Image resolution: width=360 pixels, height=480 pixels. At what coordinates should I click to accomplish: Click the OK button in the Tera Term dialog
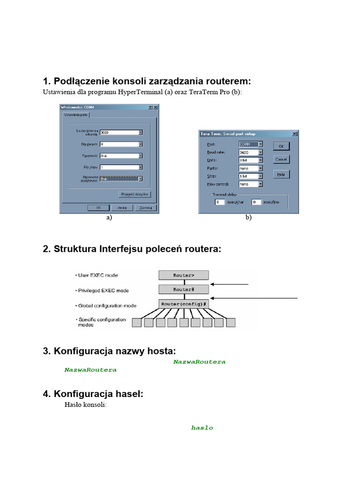(x=281, y=146)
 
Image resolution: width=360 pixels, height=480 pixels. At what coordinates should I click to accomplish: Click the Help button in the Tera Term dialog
(x=281, y=174)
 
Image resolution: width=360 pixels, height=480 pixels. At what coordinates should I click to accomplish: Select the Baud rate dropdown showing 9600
(x=251, y=152)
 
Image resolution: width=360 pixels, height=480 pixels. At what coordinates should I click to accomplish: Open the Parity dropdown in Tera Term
(x=251, y=168)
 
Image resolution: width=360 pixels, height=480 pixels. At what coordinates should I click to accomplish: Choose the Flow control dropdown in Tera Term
(x=251, y=184)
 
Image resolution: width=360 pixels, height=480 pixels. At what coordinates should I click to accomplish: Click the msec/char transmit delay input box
(x=219, y=202)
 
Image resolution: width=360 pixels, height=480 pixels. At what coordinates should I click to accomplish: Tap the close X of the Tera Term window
(x=294, y=134)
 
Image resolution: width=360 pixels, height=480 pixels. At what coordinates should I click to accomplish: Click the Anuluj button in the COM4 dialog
(x=122, y=207)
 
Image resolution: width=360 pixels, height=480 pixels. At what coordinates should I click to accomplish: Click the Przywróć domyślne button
(x=135, y=194)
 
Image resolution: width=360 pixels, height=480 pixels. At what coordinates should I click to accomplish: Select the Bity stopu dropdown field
(x=121, y=167)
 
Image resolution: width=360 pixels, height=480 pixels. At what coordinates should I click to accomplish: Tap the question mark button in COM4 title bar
(x=150, y=107)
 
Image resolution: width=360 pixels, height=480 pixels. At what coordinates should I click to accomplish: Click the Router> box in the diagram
(x=184, y=275)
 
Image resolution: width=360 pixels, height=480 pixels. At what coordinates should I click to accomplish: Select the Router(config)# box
(x=184, y=304)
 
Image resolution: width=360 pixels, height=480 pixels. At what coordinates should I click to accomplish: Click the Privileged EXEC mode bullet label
(x=102, y=291)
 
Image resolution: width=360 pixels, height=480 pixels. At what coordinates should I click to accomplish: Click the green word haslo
(x=202, y=427)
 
